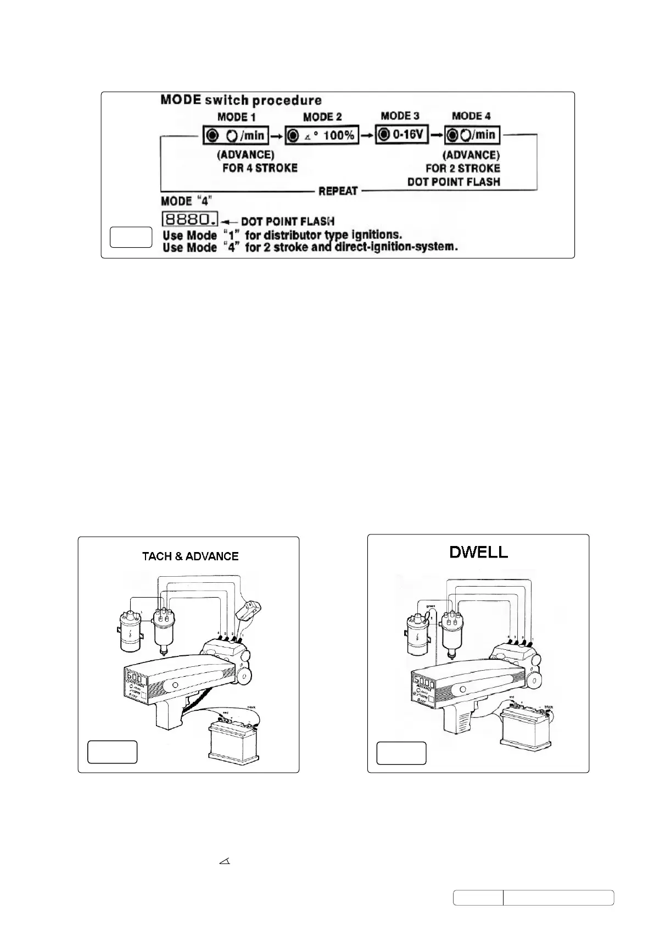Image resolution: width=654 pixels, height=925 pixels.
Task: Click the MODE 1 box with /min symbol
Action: click(x=236, y=135)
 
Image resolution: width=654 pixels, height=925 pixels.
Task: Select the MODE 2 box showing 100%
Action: click(x=322, y=135)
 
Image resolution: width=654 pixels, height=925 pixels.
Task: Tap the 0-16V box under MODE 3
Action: click(x=401, y=134)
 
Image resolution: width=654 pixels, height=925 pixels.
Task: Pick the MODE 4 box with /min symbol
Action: click(x=472, y=135)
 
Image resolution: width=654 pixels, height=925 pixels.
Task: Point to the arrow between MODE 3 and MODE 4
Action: click(x=436, y=135)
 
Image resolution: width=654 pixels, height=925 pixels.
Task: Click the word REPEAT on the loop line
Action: click(x=338, y=191)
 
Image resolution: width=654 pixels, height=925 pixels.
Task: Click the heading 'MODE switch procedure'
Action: click(x=241, y=100)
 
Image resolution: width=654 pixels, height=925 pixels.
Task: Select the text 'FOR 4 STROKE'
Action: click(x=259, y=168)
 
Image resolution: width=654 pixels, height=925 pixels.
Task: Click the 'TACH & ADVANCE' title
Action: click(x=190, y=556)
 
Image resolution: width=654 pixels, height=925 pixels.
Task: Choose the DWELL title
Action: click(x=478, y=552)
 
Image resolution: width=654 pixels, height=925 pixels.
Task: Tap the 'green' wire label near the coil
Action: click(x=430, y=606)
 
